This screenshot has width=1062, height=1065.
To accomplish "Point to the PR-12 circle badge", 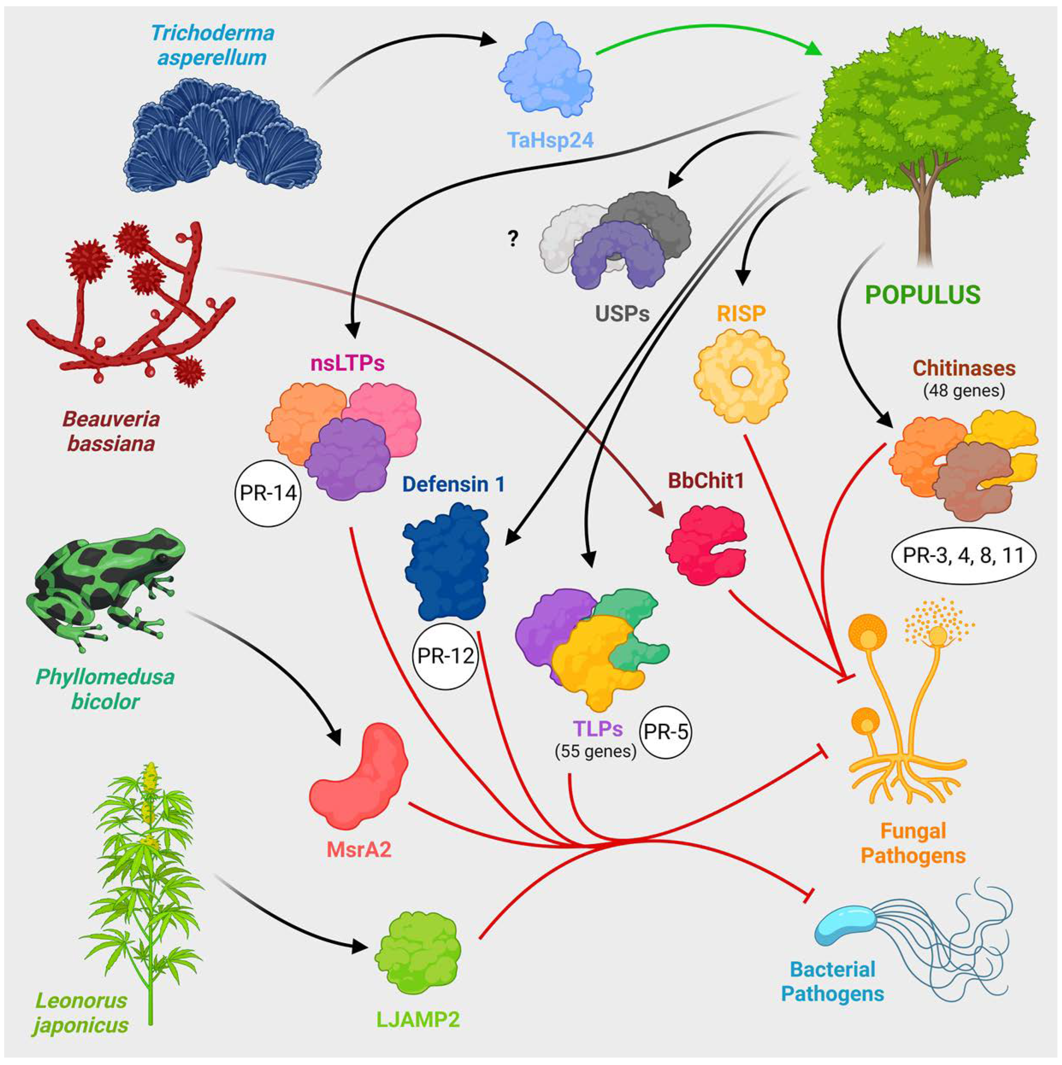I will coord(445,656).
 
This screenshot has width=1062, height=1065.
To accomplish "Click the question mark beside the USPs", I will coord(513,238).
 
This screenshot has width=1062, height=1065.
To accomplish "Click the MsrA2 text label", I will coord(359,850).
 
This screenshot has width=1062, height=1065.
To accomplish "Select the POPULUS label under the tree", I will coord(923,295).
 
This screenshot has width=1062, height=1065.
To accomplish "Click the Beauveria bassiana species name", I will coord(111,431).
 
